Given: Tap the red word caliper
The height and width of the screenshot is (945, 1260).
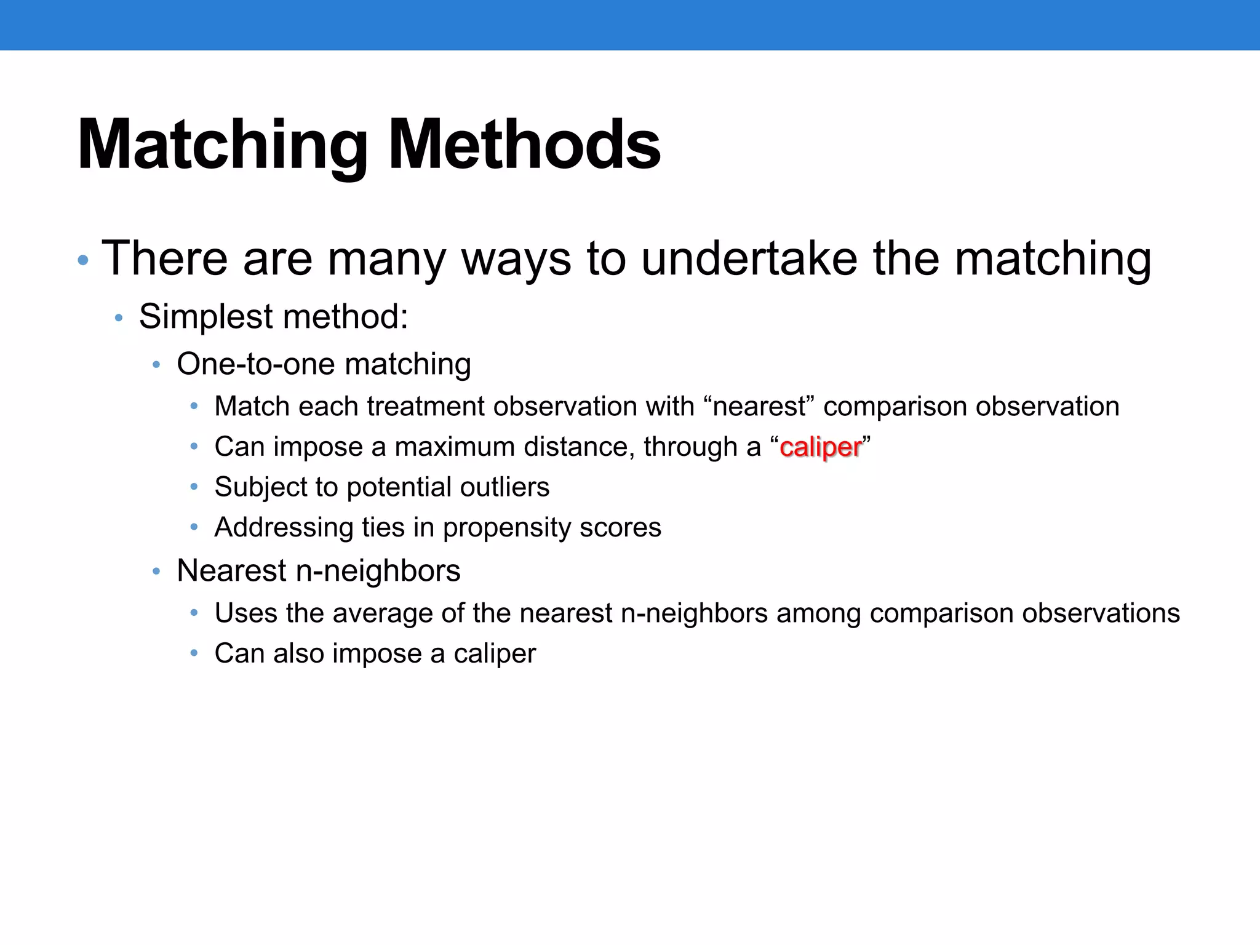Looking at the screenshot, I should coord(820,448).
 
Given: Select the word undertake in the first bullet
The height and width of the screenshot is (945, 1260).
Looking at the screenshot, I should coord(749,259).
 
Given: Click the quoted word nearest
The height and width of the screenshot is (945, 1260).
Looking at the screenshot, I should coord(758,407).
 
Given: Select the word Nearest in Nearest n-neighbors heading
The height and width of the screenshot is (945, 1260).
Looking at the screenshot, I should coord(231,570).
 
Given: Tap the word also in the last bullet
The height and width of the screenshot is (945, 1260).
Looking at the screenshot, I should coord(298,653).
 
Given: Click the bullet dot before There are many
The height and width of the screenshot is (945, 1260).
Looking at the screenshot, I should coord(83,261).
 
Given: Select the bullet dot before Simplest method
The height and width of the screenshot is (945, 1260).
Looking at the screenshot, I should coord(119,319).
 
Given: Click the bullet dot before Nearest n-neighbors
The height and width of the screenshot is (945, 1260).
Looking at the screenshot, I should coord(156,572).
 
